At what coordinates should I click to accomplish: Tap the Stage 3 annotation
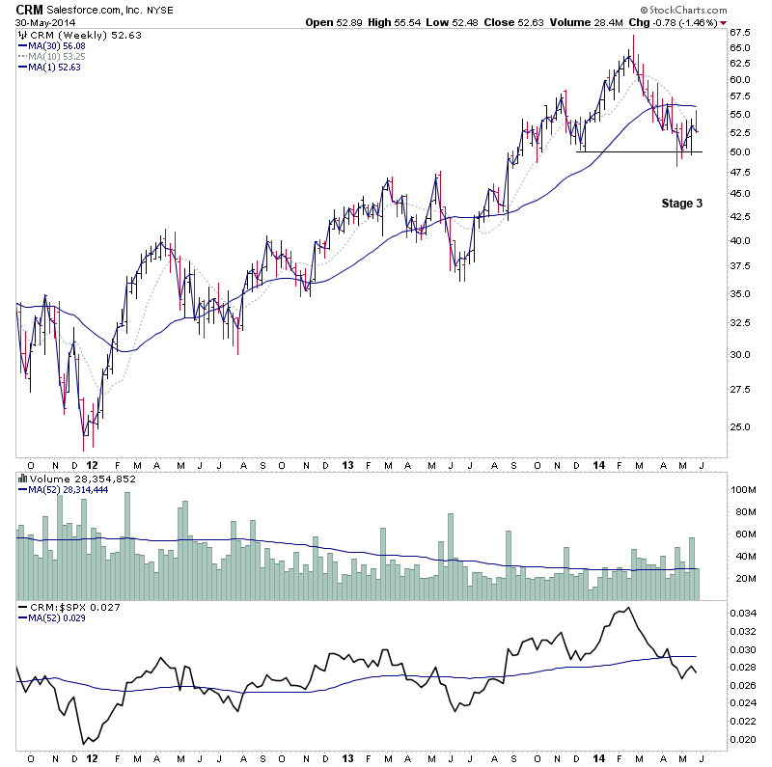681,204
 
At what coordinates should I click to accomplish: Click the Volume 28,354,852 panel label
82,478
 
